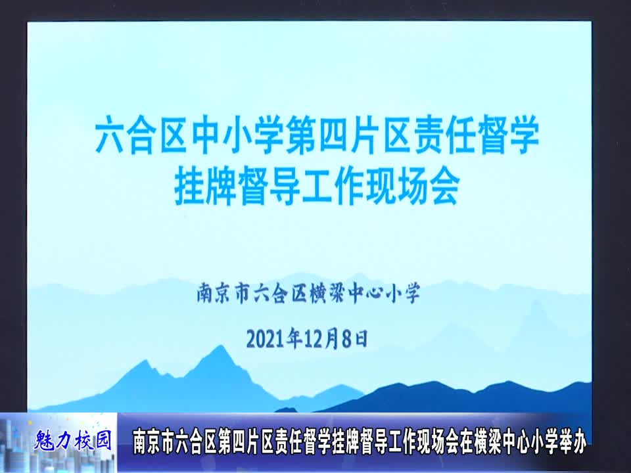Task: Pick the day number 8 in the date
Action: point(349,338)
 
